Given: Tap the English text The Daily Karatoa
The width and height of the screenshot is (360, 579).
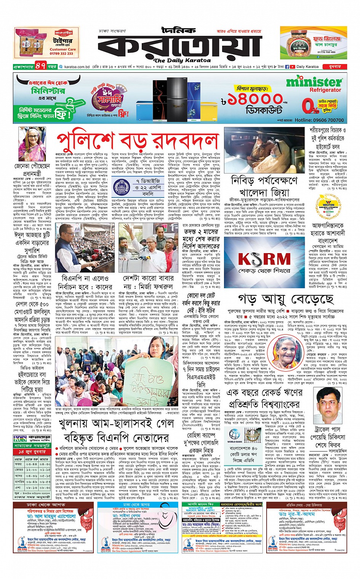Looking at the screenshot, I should (182, 60).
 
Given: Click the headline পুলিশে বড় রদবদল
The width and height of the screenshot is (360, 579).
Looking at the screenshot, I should (138, 140).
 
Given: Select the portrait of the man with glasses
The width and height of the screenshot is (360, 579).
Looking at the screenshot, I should (329, 404).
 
